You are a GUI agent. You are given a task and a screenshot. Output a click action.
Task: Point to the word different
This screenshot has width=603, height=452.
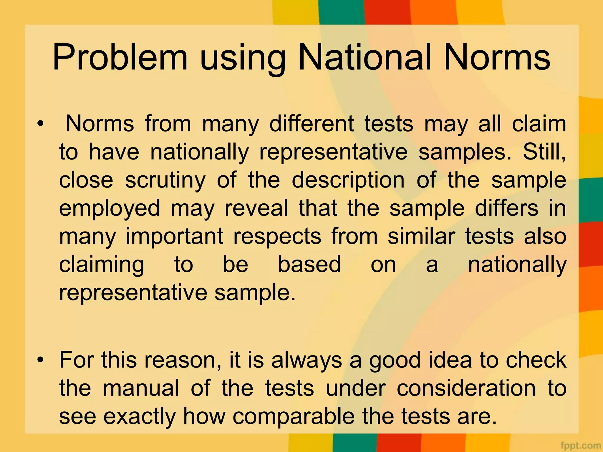click(312, 124)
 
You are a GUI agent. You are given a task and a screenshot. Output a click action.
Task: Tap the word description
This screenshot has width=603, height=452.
click(348, 180)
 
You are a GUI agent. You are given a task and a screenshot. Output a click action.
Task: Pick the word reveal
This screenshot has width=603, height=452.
click(256, 208)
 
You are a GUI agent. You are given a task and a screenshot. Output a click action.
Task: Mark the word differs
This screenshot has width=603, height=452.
click(507, 208)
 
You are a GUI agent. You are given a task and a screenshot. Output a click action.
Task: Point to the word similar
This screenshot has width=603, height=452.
click(421, 236)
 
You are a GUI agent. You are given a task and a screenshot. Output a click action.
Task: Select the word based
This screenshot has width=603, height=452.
click(309, 264)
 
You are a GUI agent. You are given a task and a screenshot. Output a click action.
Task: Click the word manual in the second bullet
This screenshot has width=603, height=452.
click(141, 388)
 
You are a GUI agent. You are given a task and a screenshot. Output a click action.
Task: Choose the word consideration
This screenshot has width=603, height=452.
click(466, 388)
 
